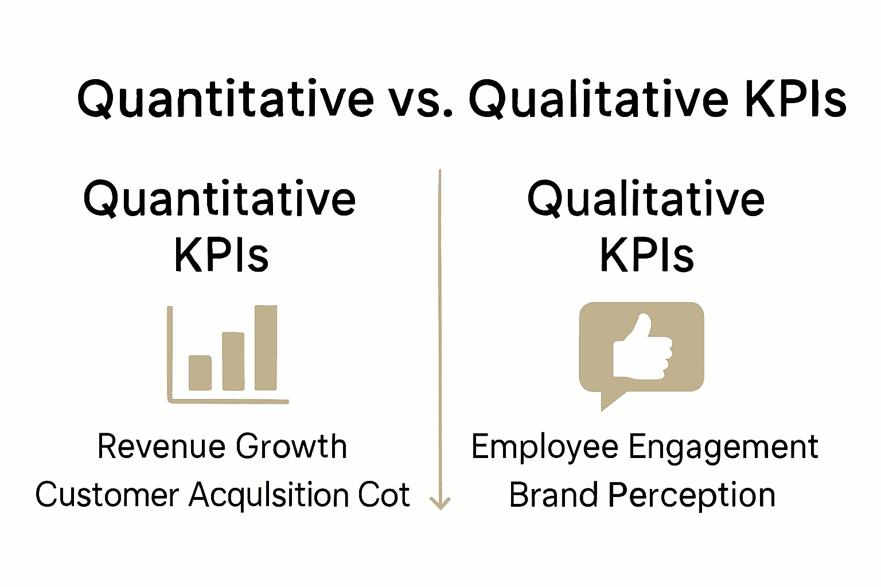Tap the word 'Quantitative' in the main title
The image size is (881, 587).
[225, 100]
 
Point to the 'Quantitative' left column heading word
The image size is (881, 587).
[220, 199]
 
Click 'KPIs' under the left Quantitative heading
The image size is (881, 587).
[221, 255]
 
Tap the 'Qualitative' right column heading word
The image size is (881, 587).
[646, 199]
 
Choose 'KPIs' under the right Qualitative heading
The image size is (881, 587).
[647, 255]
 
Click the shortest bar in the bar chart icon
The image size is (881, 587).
[200, 373]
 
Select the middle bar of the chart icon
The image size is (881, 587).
[233, 361]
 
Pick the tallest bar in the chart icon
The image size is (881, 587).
[266, 348]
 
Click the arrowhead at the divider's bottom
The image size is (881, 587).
[440, 503]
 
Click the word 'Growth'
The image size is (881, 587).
[291, 447]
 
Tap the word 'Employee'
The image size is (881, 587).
[544, 448]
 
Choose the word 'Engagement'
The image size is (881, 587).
[723, 448]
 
